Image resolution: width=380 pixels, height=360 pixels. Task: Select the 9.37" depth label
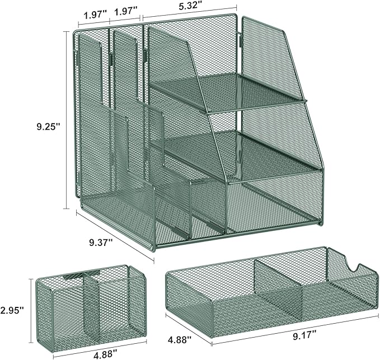point(101,243)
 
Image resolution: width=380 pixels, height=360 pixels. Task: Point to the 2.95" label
point(12,310)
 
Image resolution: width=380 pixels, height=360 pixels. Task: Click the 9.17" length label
point(305,337)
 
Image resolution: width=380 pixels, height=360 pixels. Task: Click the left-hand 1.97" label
point(95,15)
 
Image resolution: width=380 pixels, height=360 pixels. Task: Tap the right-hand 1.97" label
point(126,11)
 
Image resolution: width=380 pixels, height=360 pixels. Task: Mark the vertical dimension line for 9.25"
point(67,120)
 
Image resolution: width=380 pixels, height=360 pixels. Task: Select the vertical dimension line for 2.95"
point(31,311)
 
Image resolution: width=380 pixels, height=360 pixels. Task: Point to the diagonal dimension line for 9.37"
point(115,236)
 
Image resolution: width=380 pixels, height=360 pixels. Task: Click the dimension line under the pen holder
point(100,345)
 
